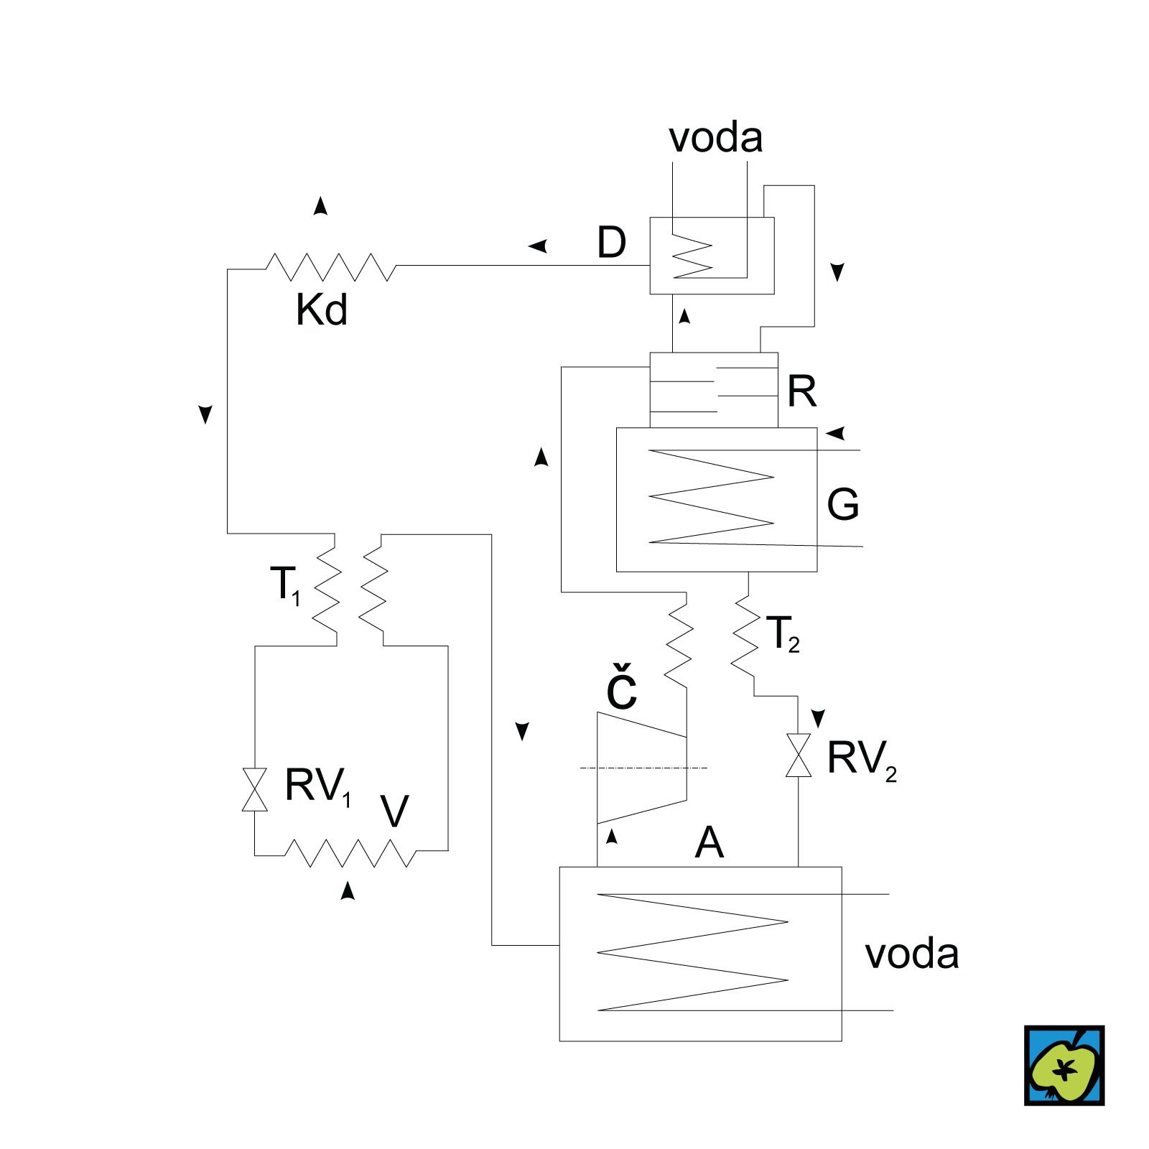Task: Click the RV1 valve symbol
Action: (255, 789)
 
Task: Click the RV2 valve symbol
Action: (798, 755)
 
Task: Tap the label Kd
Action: (321, 310)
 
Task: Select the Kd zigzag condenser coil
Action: (330, 266)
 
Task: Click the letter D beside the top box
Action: (611, 243)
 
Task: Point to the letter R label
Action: (801, 391)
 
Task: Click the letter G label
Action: (842, 504)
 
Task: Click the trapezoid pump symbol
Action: (641, 768)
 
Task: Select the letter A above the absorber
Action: (709, 842)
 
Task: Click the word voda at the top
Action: (715, 137)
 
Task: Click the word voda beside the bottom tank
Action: (911, 954)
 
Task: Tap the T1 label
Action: (286, 585)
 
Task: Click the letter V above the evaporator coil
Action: (394, 811)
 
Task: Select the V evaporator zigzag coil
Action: (350, 852)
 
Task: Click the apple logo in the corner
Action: (1064, 1065)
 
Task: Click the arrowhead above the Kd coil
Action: (320, 206)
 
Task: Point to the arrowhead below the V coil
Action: (348, 890)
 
